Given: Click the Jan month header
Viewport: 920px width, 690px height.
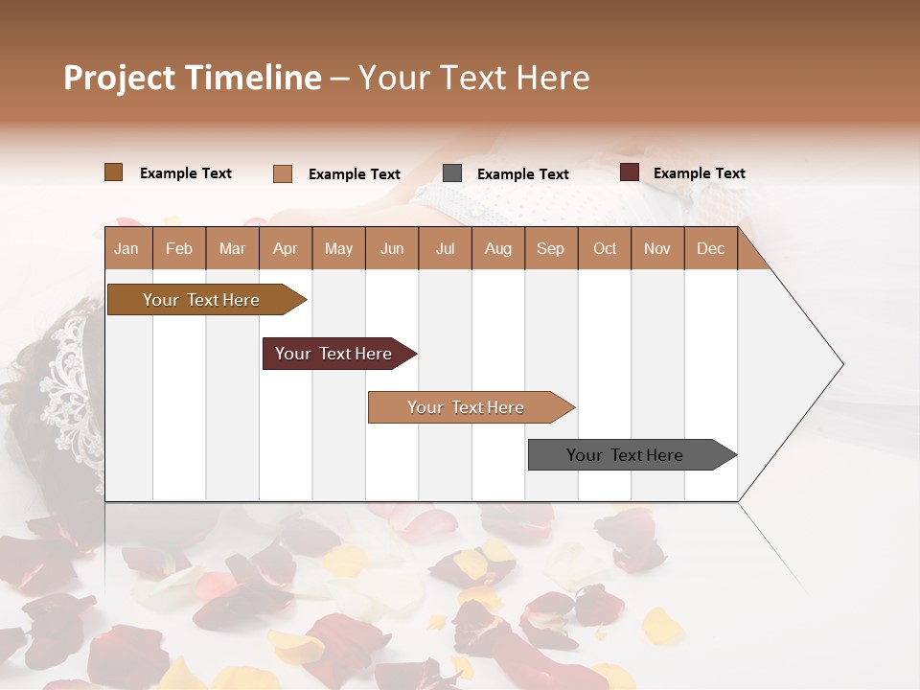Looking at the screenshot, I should click(126, 248).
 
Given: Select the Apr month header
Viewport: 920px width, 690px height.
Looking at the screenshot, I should click(285, 248).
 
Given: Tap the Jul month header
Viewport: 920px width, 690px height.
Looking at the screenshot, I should click(445, 248).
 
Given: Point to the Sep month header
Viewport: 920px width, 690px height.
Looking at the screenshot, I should click(550, 248).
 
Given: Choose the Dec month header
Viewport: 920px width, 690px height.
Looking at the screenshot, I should click(710, 248).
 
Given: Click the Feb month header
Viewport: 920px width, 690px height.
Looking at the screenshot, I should click(179, 248).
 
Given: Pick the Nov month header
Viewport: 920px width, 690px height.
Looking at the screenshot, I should click(656, 248).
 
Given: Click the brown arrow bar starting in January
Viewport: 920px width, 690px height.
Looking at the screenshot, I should click(201, 300).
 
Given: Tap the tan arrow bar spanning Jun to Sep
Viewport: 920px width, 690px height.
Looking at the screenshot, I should click(466, 407).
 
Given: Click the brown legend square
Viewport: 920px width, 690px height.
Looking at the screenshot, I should click(113, 172).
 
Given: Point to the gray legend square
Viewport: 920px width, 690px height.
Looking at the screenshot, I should click(452, 173).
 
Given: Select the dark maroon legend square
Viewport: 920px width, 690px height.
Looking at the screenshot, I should click(629, 172).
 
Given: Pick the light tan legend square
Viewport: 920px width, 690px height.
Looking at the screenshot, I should click(282, 173).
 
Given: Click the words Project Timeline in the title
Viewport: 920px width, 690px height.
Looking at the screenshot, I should click(192, 78).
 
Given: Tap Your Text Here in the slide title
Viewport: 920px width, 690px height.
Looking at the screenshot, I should click(473, 78).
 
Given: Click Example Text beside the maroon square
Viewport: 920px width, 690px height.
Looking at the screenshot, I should click(699, 173).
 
